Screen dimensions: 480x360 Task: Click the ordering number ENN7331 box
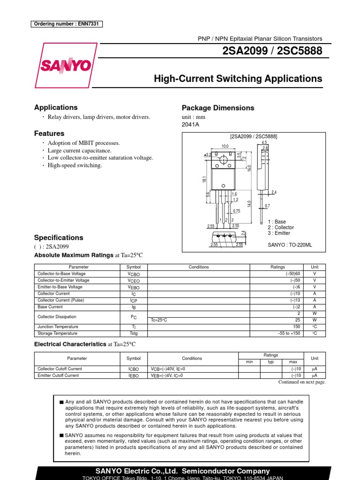point(67,24)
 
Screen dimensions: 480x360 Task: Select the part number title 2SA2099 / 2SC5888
point(274,52)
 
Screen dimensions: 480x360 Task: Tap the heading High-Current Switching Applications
point(238,79)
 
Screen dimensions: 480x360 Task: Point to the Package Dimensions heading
point(217,108)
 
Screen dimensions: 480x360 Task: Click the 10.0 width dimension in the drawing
point(225,146)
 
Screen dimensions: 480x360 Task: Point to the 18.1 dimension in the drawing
point(199,180)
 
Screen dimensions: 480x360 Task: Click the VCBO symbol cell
point(134,274)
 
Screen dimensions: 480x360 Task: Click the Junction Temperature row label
point(58,327)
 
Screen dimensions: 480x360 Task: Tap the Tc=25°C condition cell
point(159,320)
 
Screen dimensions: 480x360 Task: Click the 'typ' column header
point(270,362)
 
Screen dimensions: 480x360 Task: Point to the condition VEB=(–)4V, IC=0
point(167,375)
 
